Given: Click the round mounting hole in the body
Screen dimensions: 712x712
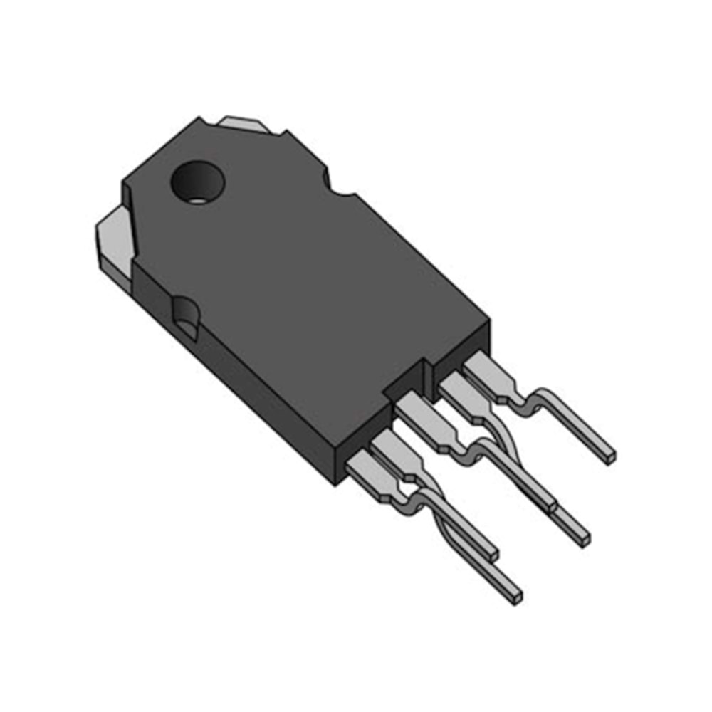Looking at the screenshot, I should click(197, 183).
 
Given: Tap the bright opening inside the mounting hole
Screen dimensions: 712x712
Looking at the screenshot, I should click(196, 199).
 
